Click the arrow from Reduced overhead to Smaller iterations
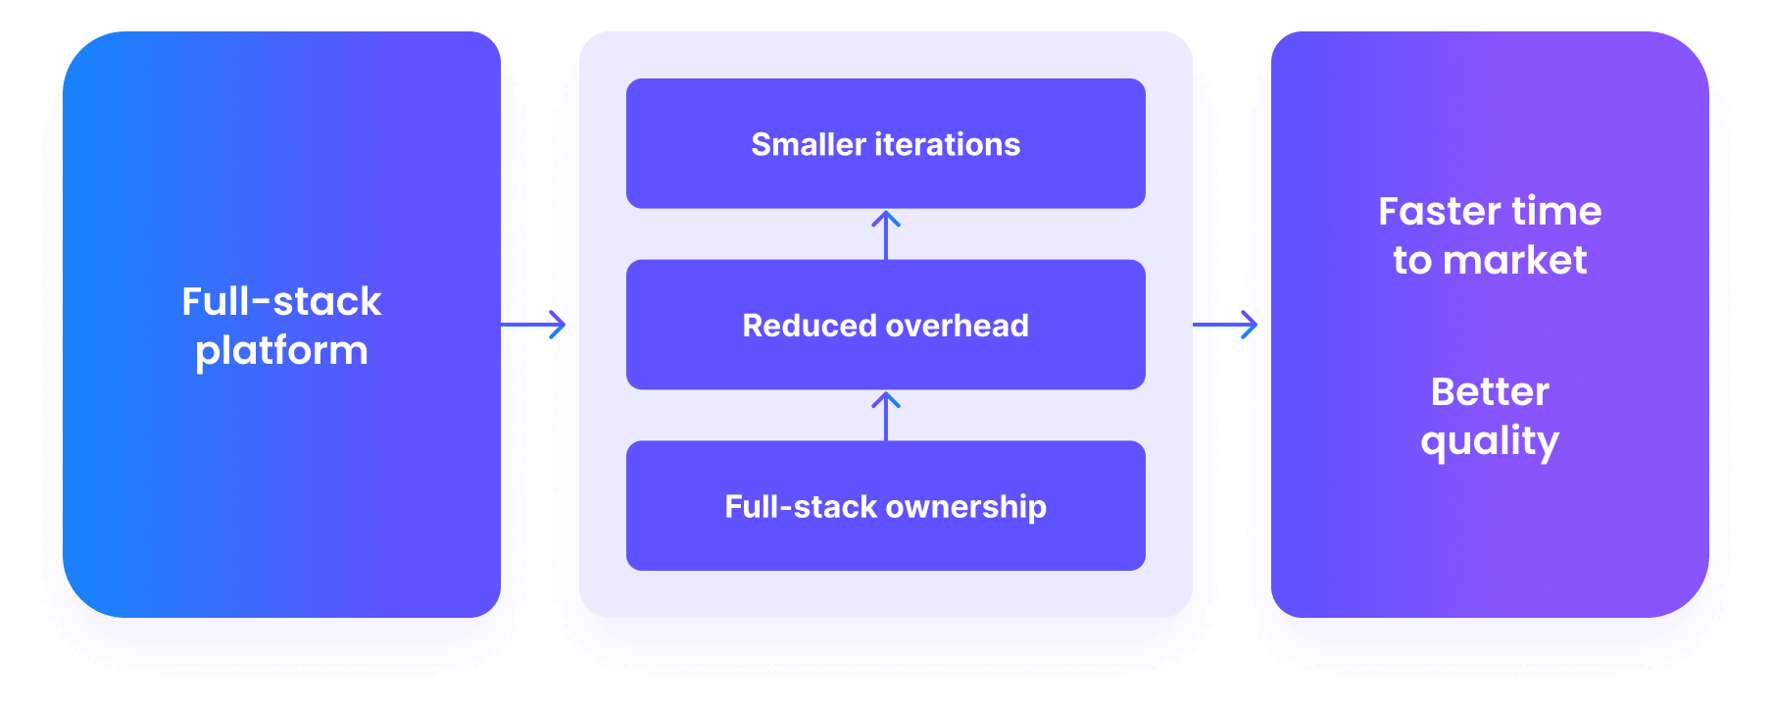[886, 234]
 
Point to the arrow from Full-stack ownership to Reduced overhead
[886, 416]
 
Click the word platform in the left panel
[281, 351]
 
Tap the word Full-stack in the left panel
[281, 301]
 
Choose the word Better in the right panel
[1490, 392]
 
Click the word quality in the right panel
[1490, 441]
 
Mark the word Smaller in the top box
[809, 145]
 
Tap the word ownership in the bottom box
[966, 507]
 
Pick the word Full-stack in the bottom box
[801, 507]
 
